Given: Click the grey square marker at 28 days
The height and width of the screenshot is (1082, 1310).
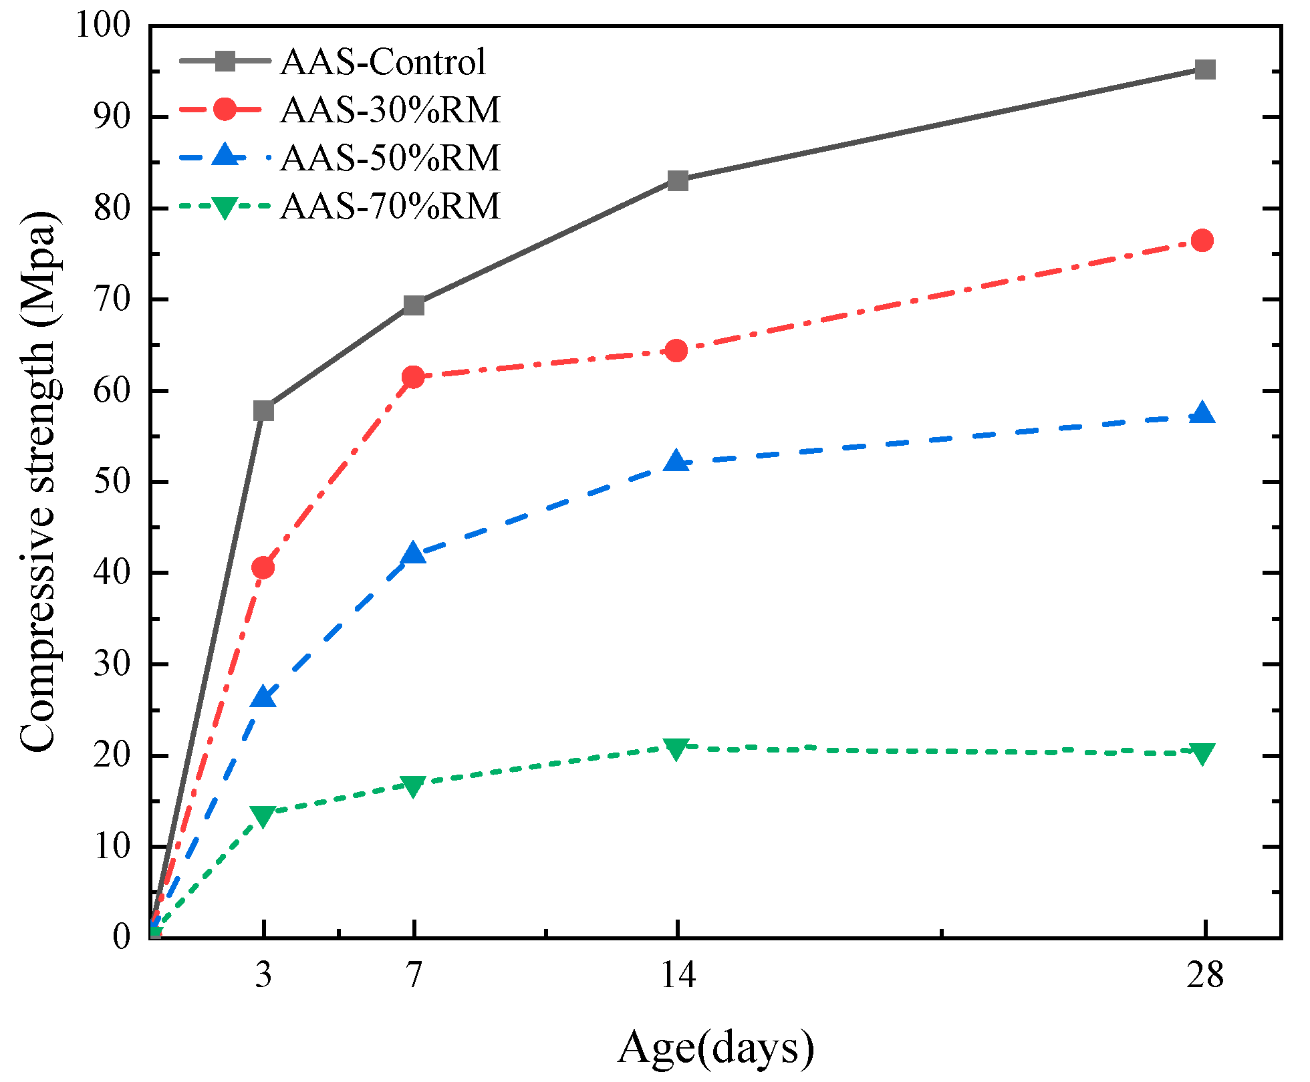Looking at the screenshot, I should [1204, 70].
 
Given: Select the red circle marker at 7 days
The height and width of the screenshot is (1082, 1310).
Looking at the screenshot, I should [413, 377].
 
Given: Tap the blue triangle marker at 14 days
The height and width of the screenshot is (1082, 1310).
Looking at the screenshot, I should [676, 461].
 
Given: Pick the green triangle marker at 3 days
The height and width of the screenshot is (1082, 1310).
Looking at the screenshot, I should [263, 815].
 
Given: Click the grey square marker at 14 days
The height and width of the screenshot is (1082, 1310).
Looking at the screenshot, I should [678, 180].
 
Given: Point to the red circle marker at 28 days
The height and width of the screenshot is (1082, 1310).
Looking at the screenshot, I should [1202, 240].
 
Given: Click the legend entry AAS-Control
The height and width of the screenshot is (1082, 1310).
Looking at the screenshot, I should [382, 62].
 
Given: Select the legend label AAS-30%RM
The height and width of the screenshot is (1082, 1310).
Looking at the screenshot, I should [390, 110].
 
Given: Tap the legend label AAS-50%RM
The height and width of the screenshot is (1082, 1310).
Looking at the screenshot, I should [390, 158].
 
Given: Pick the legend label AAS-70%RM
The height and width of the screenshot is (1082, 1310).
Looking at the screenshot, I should [390, 206].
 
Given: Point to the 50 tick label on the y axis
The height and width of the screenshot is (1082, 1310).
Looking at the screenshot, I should [112, 483].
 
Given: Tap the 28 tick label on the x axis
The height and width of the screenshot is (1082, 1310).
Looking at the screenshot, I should [1204, 975].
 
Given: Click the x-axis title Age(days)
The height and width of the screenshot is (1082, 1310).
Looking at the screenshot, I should [715, 1047].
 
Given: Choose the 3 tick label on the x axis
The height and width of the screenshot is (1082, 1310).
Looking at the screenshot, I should [263, 975].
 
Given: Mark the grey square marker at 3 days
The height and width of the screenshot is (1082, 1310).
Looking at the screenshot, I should [263, 410].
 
